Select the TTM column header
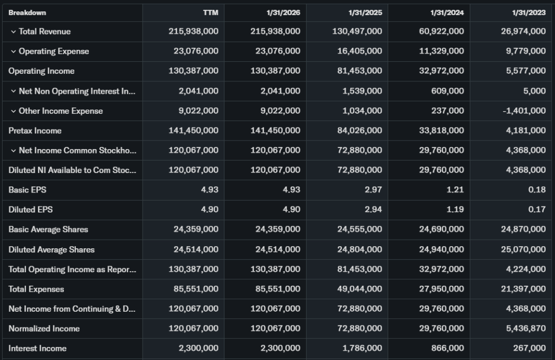(210, 12)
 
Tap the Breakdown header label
(27, 12)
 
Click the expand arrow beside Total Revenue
(13, 31)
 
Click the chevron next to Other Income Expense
(13, 111)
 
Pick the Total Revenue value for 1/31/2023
(523, 31)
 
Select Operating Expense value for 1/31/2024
(442, 51)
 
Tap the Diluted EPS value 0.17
(537, 209)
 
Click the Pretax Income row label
(35, 131)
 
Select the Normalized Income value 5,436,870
(523, 329)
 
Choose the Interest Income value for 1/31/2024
(449, 348)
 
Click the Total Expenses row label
(36, 289)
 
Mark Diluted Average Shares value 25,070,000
(523, 249)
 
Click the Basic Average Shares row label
(48, 229)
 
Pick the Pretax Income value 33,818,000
(442, 131)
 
